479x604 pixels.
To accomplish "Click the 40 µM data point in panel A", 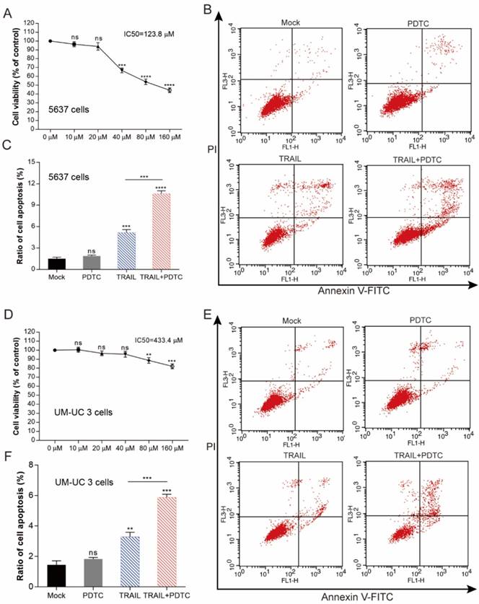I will [x=122, y=70].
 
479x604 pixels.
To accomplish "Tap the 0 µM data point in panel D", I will [x=54, y=350].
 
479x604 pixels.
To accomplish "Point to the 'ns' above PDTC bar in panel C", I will [x=90, y=250].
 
